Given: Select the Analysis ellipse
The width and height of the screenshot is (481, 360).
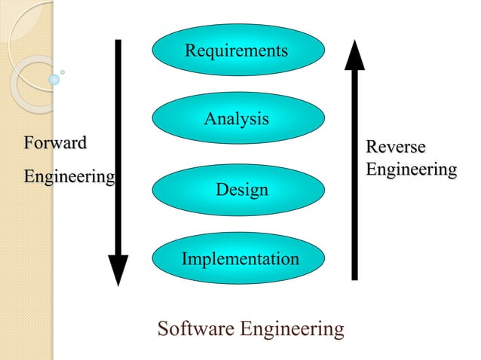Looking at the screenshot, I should pyautogui.click(x=238, y=118).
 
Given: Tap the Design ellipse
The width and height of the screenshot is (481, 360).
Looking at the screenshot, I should pyautogui.click(x=238, y=189).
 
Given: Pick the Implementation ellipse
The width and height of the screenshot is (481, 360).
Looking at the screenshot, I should pyautogui.click(x=238, y=259).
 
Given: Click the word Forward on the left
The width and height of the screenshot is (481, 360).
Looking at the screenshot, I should pyautogui.click(x=55, y=142).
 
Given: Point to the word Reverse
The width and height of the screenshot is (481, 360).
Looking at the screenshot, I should pyautogui.click(x=395, y=146).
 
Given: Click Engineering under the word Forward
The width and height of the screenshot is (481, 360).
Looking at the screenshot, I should pyautogui.click(x=69, y=177).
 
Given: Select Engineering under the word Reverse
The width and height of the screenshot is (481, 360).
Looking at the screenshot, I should pyautogui.click(x=411, y=169).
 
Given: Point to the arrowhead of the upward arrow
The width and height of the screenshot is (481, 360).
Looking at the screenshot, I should pyautogui.click(x=354, y=55).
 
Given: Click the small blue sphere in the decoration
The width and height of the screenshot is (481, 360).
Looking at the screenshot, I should pyautogui.click(x=54, y=78).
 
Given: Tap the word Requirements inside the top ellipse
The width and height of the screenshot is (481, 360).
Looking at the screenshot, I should pyautogui.click(x=236, y=50).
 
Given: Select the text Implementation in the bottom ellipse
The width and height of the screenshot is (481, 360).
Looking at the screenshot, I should pyautogui.click(x=240, y=259).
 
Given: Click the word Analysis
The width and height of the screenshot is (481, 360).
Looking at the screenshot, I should pyautogui.click(x=236, y=119).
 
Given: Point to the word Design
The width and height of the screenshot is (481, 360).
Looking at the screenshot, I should pyautogui.click(x=242, y=190).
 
